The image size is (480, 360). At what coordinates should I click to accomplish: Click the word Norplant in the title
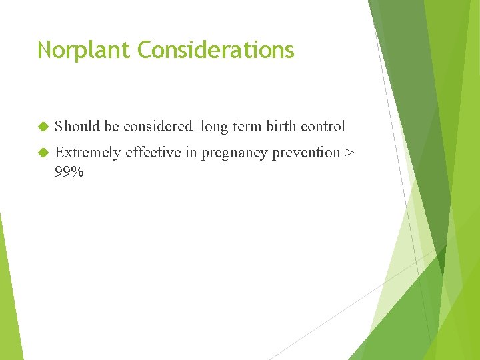point(84,51)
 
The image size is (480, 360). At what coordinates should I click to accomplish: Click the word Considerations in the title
point(215,51)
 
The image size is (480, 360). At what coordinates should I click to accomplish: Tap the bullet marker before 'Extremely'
point(43,153)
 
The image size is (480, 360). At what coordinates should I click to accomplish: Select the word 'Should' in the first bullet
point(77,126)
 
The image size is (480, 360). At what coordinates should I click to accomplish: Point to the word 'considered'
point(157,126)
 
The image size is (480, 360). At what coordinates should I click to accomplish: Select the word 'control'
point(323,126)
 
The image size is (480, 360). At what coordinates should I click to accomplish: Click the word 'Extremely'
point(88,153)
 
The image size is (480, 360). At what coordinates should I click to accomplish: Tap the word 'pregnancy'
point(233,153)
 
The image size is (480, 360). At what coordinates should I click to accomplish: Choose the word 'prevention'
point(305,153)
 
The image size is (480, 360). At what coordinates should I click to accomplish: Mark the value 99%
point(69,172)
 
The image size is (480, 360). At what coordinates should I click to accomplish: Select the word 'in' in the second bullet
point(191,153)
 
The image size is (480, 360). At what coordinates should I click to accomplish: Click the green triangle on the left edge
point(8,300)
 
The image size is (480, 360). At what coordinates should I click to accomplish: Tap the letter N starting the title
point(45,51)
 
